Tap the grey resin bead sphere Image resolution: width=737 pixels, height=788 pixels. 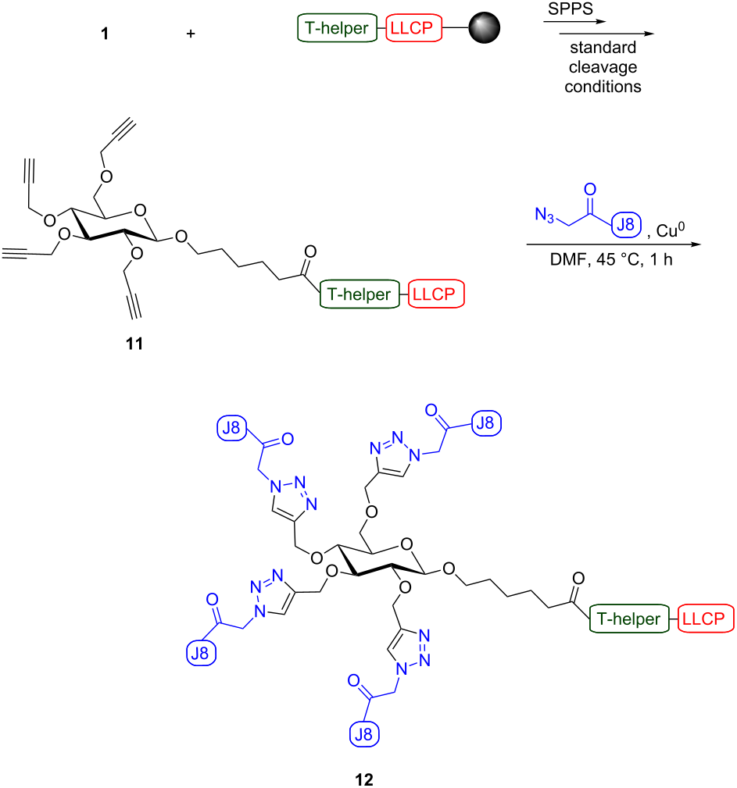tap(485, 30)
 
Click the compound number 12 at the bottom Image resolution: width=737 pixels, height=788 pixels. tap(363, 779)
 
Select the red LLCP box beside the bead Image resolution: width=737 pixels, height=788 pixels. tap(413, 30)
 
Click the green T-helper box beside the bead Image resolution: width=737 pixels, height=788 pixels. tap(335, 30)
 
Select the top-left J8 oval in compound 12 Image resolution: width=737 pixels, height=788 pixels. tap(231, 429)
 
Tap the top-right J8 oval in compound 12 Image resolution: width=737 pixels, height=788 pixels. tap(485, 423)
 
